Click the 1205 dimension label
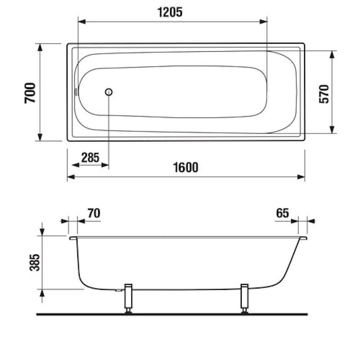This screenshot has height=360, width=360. pos(170,12)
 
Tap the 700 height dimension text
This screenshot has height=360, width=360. pos(30,93)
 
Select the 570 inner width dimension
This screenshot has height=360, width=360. pos(324,94)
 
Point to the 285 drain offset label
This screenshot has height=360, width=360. pos(90,157)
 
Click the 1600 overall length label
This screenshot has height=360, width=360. pos(185,167)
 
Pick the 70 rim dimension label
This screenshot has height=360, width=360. pos(94,213)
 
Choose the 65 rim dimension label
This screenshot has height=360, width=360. pos(283,213)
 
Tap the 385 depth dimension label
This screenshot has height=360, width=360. pos(35,262)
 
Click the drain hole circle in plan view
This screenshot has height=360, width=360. pos(108,92)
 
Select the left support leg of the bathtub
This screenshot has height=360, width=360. pos(128,298)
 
